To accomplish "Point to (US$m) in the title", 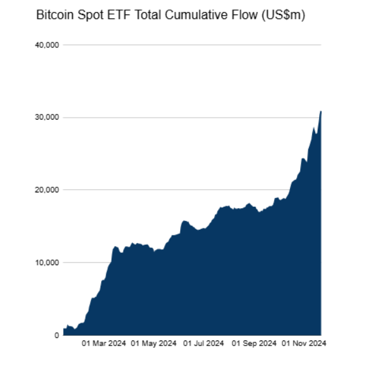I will click(x=284, y=16).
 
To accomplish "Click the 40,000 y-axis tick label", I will click(x=45, y=45).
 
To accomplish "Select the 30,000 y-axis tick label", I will click(x=45, y=118).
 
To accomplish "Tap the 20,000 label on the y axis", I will click(x=45, y=190).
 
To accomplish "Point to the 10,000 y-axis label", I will click(x=45, y=263).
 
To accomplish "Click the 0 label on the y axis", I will click(x=56, y=335).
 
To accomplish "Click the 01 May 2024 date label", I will click(x=154, y=345).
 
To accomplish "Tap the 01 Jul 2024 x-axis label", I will click(x=203, y=345).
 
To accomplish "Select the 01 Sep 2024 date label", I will click(x=254, y=345).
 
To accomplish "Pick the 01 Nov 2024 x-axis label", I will click(x=303, y=345).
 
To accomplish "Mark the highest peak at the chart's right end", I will click(x=321, y=111).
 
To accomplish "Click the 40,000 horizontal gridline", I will click(x=190, y=45).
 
